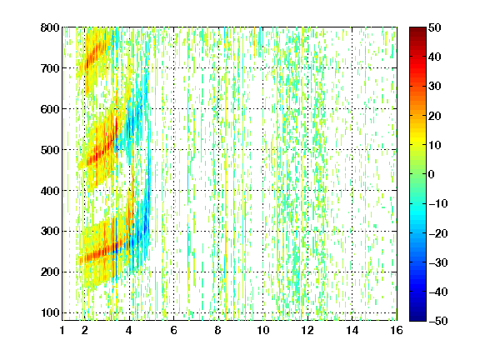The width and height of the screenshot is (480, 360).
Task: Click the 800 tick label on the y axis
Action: point(50,27)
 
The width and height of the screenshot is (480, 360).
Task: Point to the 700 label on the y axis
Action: point(50,68)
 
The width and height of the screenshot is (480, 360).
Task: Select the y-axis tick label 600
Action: point(50,109)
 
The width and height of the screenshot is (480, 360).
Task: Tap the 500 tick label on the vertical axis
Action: point(50,150)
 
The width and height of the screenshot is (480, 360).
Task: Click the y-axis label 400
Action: point(50,191)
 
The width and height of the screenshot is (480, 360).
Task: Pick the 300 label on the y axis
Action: point(50,232)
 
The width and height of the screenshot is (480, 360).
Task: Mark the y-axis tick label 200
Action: point(50,272)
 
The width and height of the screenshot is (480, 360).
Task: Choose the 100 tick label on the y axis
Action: point(50,312)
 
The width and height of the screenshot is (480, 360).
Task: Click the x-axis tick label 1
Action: point(62,330)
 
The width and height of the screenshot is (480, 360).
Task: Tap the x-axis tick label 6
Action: point(174,330)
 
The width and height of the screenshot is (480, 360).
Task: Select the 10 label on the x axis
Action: point(263,330)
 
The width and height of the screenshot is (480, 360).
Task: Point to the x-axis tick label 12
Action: point(307,330)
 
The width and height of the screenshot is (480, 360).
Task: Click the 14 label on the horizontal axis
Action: point(352,330)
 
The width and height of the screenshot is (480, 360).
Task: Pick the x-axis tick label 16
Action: point(397,330)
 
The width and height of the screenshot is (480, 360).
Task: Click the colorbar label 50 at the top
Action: point(434,27)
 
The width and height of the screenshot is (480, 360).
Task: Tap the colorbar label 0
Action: point(432,174)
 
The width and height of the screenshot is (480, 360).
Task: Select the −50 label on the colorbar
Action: point(438,321)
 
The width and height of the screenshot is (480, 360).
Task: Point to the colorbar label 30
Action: point(434,86)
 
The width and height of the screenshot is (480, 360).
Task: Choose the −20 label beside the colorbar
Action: point(438,233)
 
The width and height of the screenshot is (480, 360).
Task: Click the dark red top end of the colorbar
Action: point(417,28)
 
